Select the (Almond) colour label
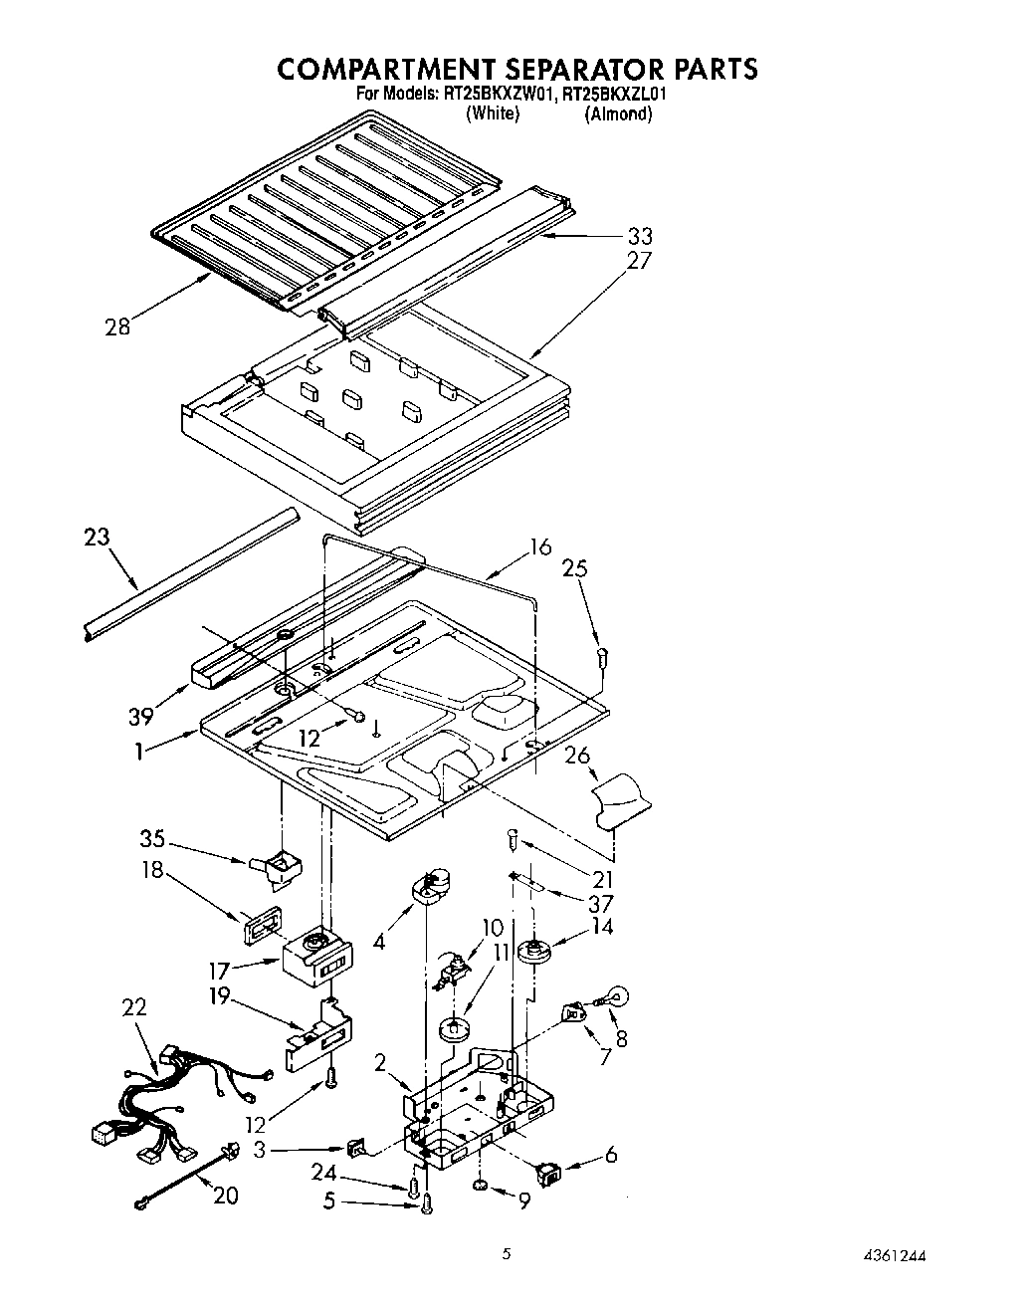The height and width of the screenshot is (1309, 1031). [618, 113]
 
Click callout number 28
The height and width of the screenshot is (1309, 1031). [117, 327]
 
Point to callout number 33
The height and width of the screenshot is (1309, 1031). [639, 236]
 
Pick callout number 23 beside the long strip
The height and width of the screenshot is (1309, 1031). [97, 538]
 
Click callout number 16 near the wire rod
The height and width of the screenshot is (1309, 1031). [540, 545]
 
